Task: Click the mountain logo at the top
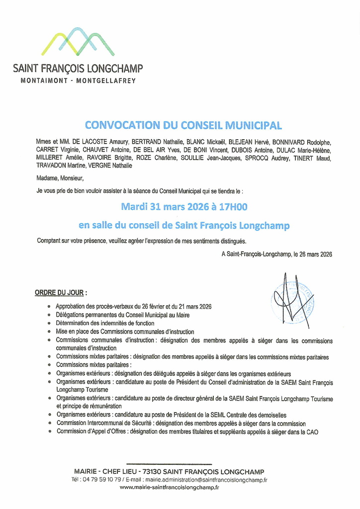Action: (x=78, y=41)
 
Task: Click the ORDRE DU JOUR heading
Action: (x=60, y=293)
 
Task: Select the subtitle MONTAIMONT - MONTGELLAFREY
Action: (x=78, y=81)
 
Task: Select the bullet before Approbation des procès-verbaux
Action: (x=49, y=307)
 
